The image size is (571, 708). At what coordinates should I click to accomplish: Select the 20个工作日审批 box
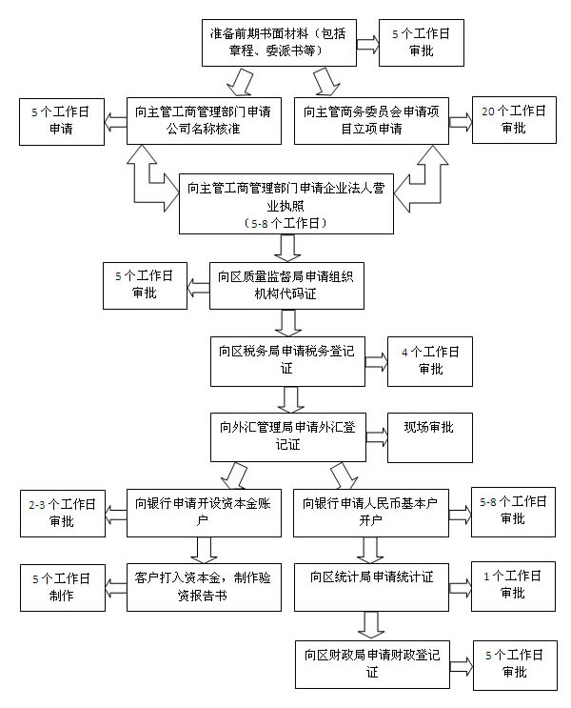[513, 119]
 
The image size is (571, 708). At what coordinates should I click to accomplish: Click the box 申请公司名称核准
[204, 120]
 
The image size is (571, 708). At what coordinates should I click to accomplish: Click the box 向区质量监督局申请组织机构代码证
[286, 284]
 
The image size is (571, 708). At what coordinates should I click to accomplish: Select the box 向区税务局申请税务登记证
[286, 359]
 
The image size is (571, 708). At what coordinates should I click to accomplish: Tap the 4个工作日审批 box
[429, 360]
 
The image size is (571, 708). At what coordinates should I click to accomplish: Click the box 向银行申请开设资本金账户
[204, 512]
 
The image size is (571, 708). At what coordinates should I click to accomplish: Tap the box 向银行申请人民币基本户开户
[370, 512]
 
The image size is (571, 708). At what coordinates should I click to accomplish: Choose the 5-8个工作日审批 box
[513, 512]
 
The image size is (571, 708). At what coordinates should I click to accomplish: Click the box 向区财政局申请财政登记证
[370, 662]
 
